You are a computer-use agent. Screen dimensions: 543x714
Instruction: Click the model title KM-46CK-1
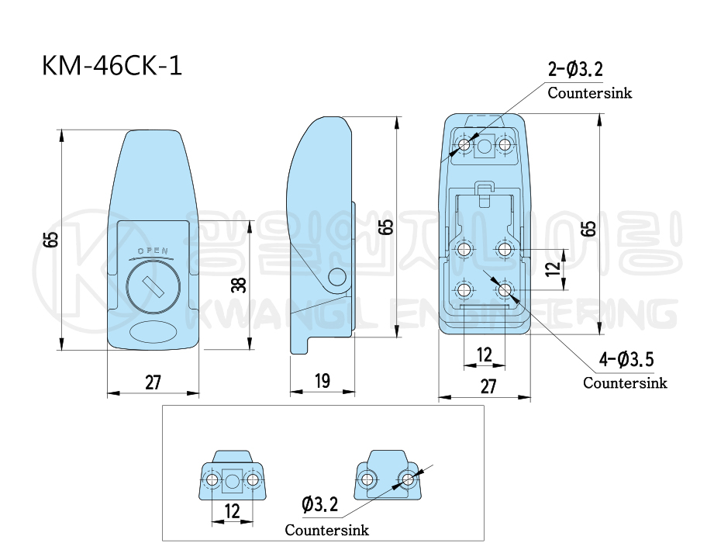click(112, 66)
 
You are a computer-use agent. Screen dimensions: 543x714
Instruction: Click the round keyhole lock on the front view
click(153, 288)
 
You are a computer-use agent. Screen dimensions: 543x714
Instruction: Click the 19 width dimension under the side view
click(323, 381)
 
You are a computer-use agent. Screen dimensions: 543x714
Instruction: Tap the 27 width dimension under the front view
click(153, 382)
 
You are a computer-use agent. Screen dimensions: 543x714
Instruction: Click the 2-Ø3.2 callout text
click(575, 71)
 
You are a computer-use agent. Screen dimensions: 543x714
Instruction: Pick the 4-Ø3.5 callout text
click(627, 359)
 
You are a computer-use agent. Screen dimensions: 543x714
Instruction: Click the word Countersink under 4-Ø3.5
click(625, 382)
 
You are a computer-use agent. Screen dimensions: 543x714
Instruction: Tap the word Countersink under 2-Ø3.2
click(589, 93)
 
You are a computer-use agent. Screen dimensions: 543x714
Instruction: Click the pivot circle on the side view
click(337, 277)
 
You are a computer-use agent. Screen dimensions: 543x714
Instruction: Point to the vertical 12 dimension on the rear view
click(552, 269)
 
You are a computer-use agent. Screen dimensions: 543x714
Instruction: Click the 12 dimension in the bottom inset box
click(232, 511)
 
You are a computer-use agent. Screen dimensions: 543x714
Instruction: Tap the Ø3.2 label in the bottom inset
click(320, 506)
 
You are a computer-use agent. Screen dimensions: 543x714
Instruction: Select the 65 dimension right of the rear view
click(589, 229)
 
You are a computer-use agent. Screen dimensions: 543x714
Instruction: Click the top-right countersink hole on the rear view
click(505, 145)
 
